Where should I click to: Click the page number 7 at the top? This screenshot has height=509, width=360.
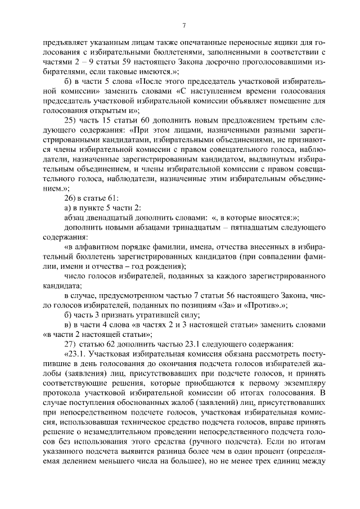tap(183, 24)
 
